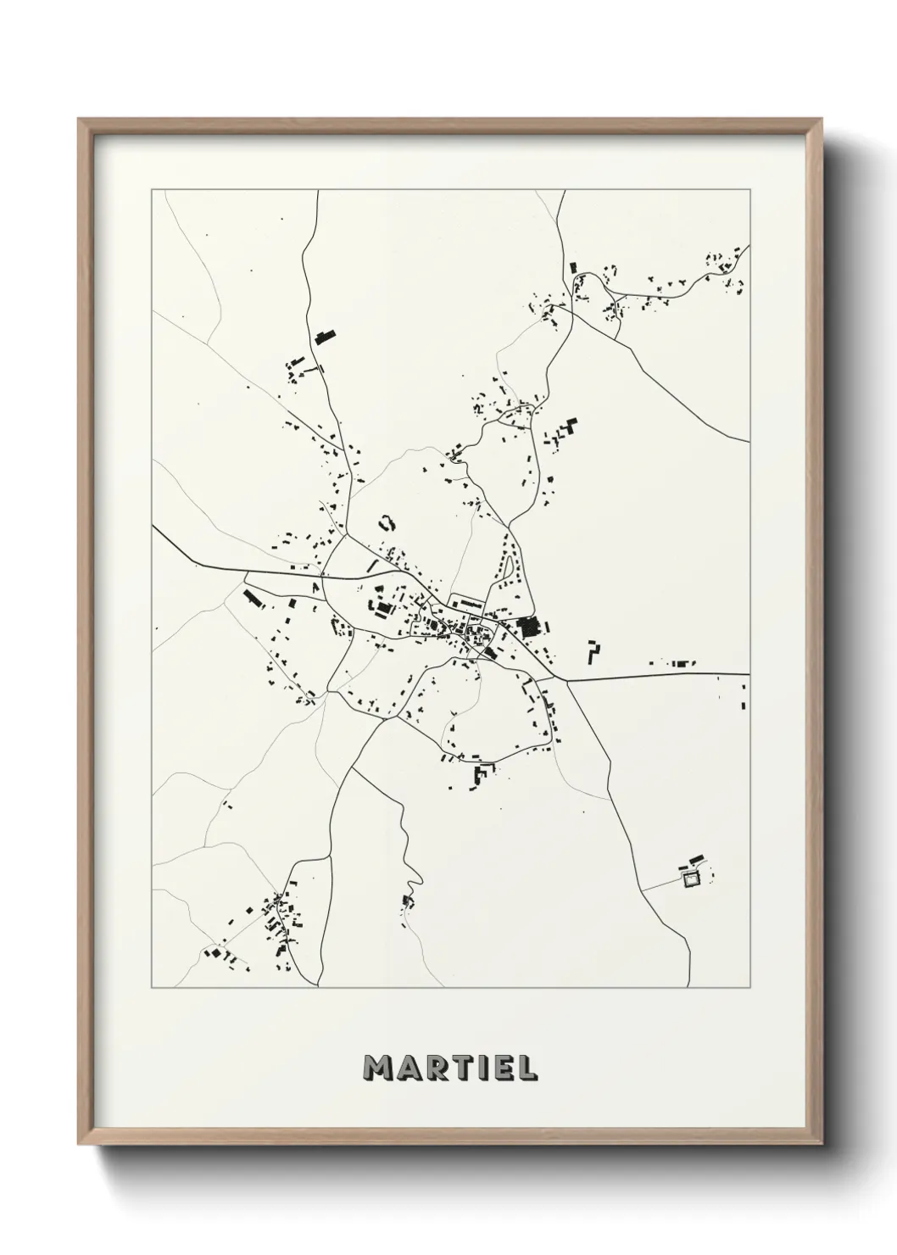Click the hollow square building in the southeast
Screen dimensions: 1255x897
pyautogui.click(x=692, y=879)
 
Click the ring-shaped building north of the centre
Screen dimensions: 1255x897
pyautogui.click(x=387, y=522)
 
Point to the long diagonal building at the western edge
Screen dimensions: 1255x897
pyautogui.click(x=253, y=598)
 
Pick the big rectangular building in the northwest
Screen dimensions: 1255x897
pyautogui.click(x=321, y=336)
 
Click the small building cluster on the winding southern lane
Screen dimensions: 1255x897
pyautogui.click(x=409, y=899)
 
